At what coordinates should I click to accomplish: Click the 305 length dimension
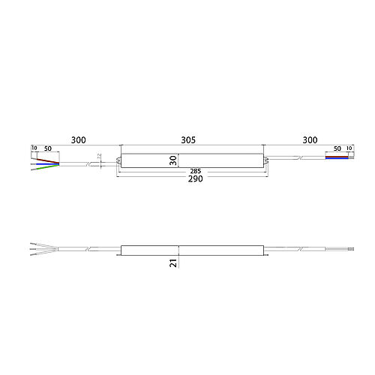[x=188, y=140]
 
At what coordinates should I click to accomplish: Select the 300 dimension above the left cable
[x=79, y=140]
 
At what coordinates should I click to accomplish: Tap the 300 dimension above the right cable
[x=310, y=140]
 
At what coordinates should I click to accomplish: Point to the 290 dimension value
[x=196, y=178]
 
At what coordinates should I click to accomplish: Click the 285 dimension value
[x=196, y=171]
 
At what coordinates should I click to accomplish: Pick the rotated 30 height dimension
[x=173, y=160]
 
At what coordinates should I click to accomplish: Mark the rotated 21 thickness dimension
[x=173, y=263]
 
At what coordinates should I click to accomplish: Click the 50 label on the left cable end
[x=48, y=148]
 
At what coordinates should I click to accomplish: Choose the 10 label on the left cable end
[x=34, y=148]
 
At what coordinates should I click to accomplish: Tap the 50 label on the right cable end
[x=337, y=148]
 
